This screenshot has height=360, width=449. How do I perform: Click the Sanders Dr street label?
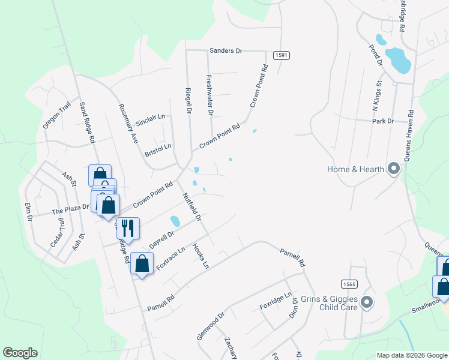(x=226, y=51)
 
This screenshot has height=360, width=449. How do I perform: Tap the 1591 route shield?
(x=282, y=55)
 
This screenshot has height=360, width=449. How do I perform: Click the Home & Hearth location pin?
(x=394, y=169)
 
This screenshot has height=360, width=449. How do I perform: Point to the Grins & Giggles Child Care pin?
(x=367, y=302)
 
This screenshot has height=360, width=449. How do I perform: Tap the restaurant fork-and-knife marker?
(x=128, y=227)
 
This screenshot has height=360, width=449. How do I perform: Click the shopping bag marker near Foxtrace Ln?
(x=142, y=263)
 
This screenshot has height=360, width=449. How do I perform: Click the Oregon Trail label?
(x=57, y=115)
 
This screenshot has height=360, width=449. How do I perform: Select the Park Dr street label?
(x=382, y=121)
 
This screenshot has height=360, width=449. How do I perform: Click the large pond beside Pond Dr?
(x=397, y=59)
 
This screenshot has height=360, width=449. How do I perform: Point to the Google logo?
(x=20, y=353)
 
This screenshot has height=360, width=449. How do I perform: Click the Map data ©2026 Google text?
(x=411, y=355)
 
